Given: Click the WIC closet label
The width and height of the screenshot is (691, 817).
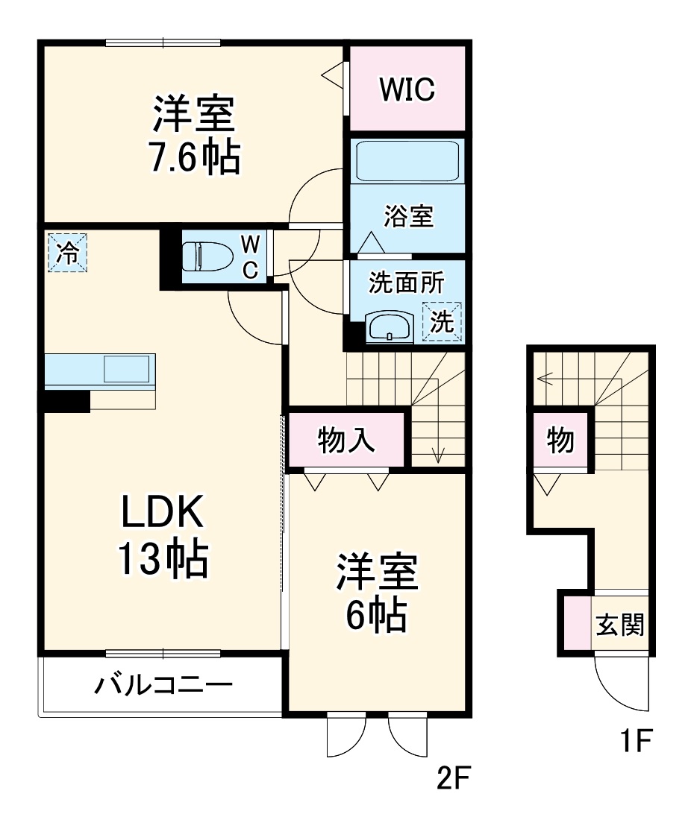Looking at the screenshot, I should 407,90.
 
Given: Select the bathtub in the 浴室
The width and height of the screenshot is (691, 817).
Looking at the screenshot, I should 407,160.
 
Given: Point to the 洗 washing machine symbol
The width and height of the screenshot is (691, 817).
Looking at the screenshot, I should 443,321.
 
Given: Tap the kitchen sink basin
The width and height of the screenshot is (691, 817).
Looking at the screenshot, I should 127,369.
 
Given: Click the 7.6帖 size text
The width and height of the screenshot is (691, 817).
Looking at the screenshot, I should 195,157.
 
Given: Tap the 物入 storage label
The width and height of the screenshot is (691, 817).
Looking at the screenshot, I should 346,441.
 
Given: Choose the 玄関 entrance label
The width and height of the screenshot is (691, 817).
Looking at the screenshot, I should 619,625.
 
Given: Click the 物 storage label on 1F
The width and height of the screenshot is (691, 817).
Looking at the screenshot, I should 560,441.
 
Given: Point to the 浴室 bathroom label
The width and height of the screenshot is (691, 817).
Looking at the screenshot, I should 408,218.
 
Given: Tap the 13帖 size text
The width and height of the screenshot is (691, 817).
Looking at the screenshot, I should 161,559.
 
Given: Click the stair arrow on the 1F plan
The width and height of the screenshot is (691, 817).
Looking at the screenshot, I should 545,378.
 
